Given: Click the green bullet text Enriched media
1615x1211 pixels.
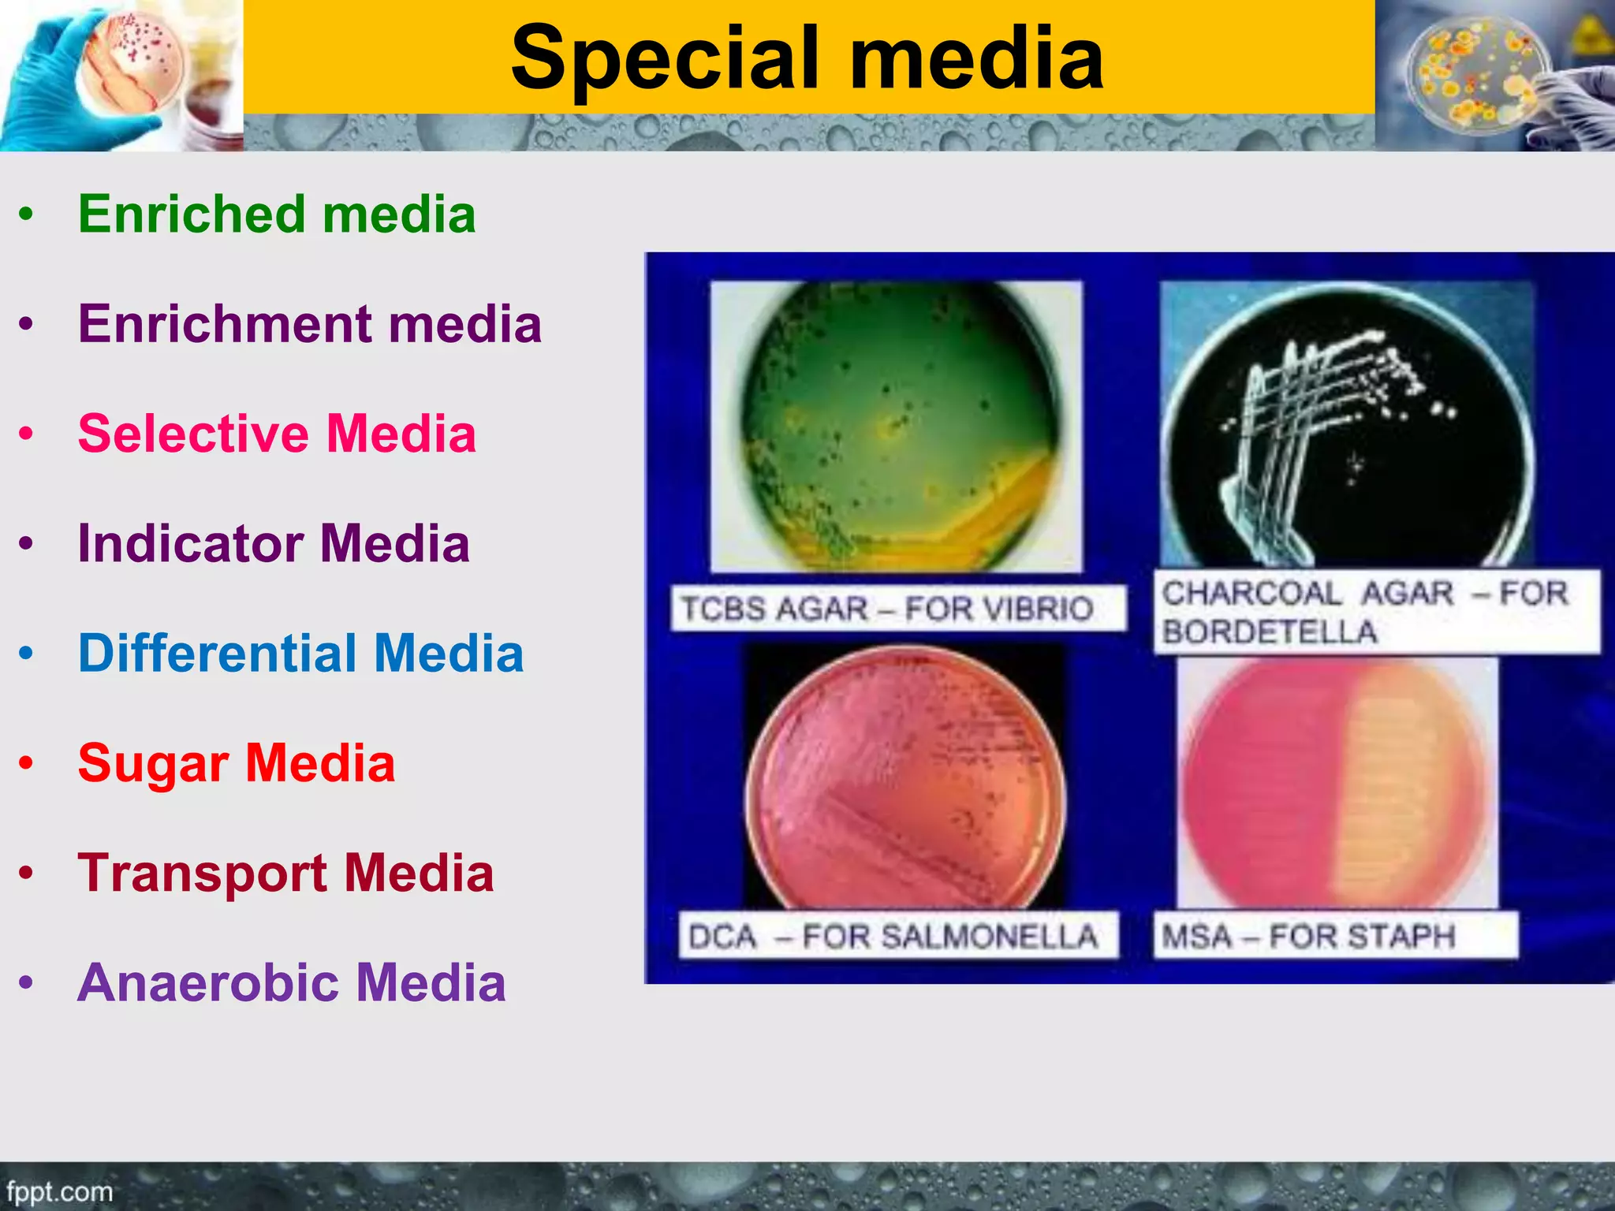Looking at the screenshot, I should (277, 214).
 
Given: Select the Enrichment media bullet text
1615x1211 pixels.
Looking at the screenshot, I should (309, 324).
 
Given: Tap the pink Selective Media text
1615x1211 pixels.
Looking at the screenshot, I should (277, 434).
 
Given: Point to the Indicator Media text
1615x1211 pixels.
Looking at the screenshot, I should (274, 544).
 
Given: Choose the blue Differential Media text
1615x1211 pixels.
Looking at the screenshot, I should (300, 654).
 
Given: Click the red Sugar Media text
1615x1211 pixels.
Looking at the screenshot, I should (236, 763).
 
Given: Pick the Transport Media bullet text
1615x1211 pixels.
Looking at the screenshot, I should (285, 874).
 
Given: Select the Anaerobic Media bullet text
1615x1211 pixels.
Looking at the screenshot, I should (291, 983).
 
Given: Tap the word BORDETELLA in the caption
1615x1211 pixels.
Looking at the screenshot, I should (1270, 632).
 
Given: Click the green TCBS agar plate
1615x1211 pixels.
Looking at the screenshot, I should (897, 426).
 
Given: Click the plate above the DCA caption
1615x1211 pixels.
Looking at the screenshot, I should (905, 781).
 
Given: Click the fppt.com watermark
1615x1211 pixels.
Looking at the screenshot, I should (59, 1191).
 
